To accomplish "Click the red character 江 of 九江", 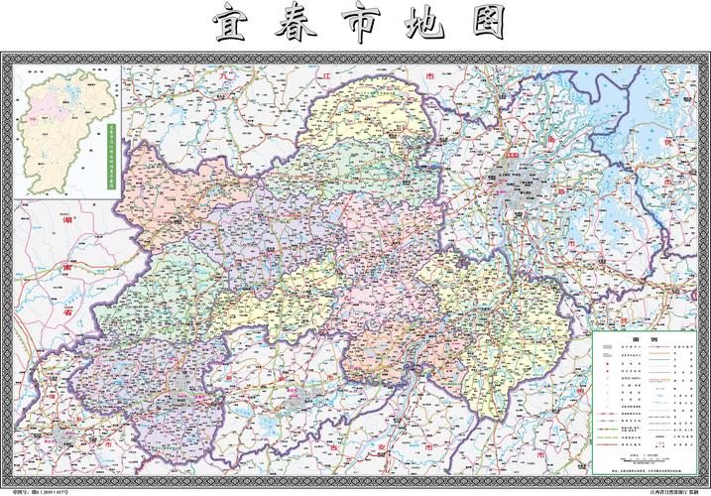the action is coord(323,75).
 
